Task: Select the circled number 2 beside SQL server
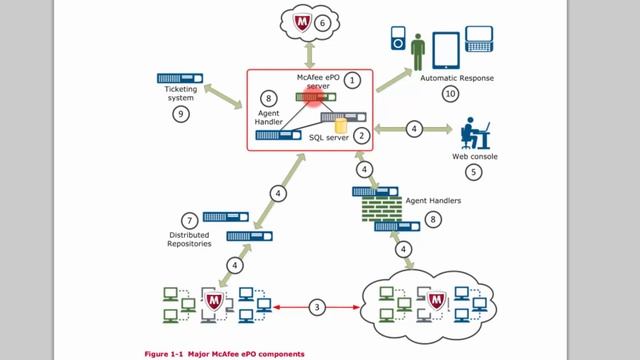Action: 362,133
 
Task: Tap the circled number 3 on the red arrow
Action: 316,306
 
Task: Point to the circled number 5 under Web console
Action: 474,172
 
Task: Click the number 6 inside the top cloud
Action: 322,22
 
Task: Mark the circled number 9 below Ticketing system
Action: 180,115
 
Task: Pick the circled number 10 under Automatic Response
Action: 451,93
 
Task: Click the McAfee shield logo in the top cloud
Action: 298,21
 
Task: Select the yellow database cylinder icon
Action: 341,126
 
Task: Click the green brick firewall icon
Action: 378,209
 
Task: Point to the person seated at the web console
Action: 468,133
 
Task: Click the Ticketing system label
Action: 181,94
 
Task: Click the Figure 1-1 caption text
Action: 224,354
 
